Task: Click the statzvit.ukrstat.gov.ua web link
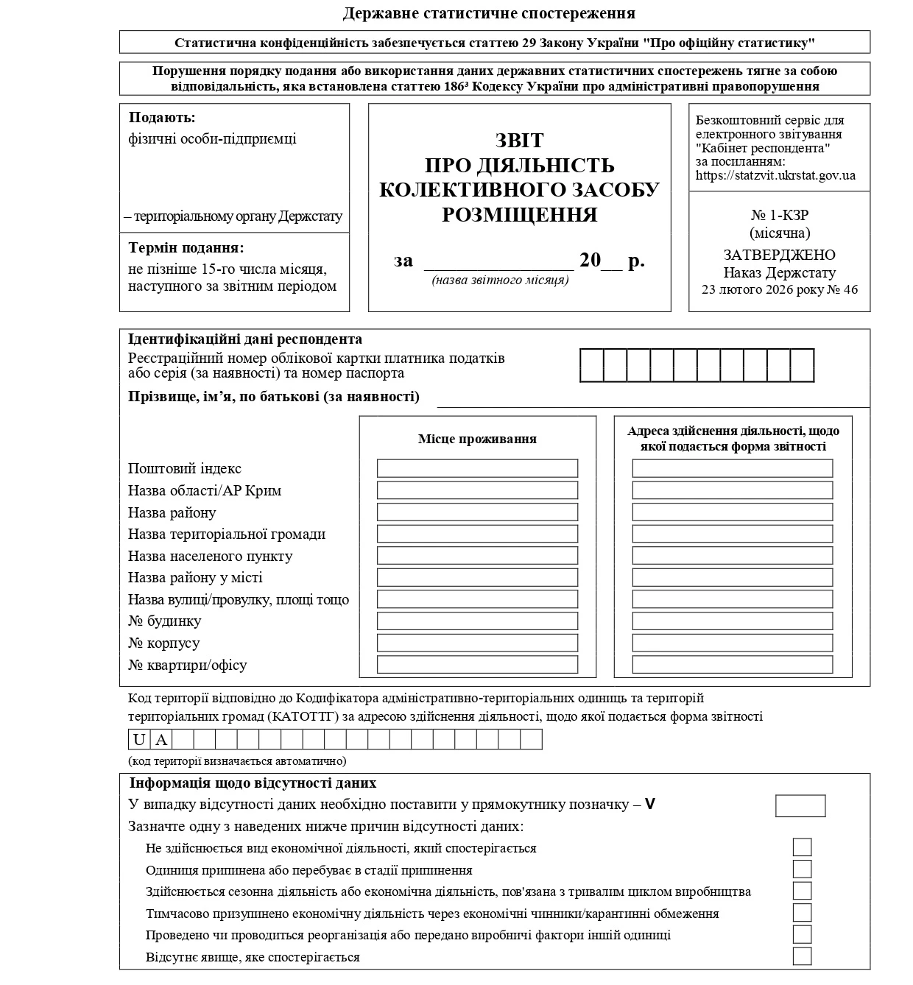775,176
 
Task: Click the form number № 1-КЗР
780,216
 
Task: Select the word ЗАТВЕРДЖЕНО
779,255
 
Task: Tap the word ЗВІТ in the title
519,140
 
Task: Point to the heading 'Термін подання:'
186,248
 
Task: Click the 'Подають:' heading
162,118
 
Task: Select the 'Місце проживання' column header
477,439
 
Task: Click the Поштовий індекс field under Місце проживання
477,468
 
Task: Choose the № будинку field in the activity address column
732,621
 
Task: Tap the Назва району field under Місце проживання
477,512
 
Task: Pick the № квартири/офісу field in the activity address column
732,664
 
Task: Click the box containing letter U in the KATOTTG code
139,739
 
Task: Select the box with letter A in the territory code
161,739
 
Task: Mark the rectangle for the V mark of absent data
800,805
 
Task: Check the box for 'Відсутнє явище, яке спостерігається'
802,956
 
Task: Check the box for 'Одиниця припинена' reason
802,869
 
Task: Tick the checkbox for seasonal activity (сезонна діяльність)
802,891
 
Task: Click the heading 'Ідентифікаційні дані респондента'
245,339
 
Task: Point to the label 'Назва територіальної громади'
227,534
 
